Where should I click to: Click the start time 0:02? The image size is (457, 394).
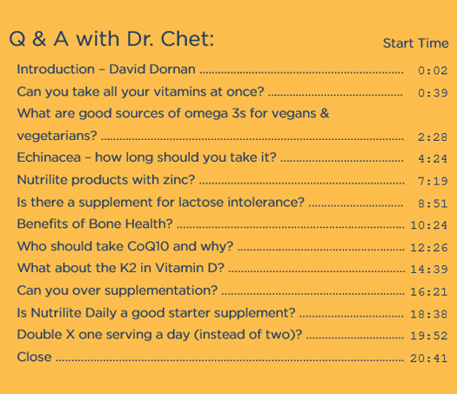click(x=433, y=70)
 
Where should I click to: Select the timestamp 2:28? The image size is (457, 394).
click(x=433, y=137)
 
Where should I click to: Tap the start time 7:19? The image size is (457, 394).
click(x=433, y=181)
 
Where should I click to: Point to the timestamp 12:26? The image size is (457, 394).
click(x=429, y=248)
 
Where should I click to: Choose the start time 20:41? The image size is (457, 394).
click(x=429, y=358)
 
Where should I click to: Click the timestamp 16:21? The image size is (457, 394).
click(x=429, y=291)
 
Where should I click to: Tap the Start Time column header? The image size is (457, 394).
click(x=415, y=43)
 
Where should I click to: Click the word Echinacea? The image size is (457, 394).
click(x=49, y=157)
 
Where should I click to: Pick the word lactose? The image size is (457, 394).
click(x=201, y=202)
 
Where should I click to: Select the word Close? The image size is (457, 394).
click(x=35, y=357)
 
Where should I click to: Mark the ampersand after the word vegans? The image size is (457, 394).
click(x=325, y=113)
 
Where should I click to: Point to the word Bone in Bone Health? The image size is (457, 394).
click(x=101, y=224)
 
